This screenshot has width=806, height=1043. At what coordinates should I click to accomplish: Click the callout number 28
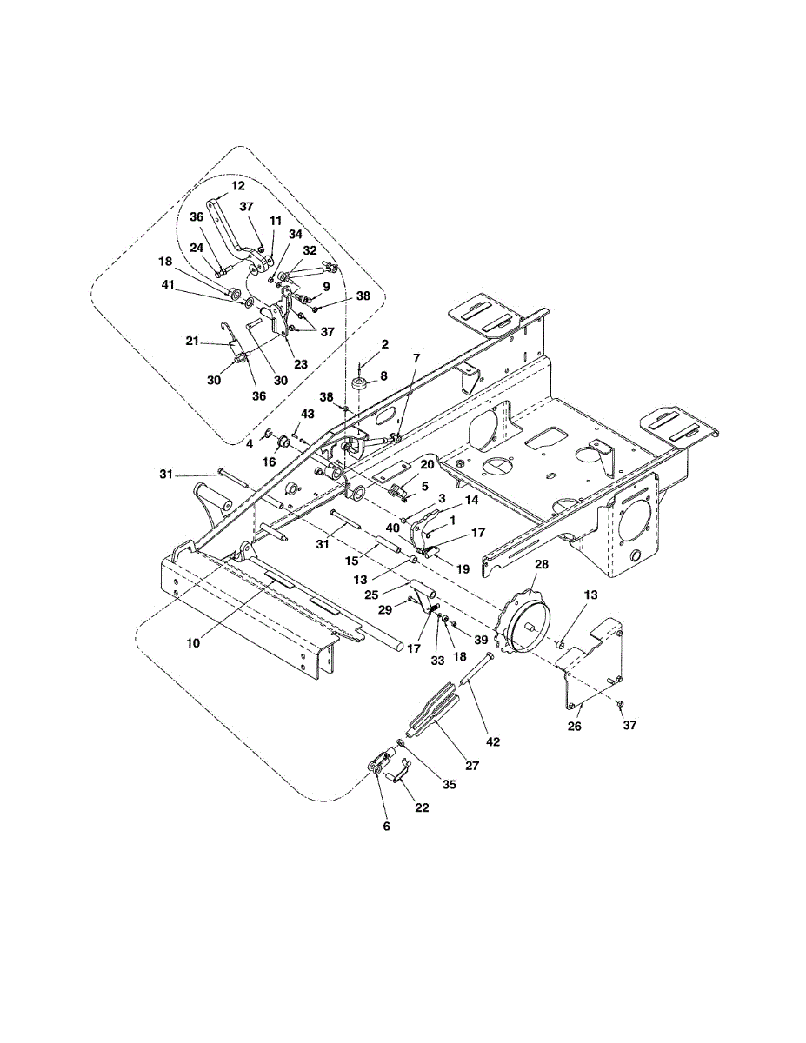tap(542, 565)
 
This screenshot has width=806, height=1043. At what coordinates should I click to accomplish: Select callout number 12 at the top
tap(238, 186)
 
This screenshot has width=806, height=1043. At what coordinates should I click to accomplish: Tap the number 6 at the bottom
tap(387, 826)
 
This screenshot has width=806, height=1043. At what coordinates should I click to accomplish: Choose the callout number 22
tap(422, 808)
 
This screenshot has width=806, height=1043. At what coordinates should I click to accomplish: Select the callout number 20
tap(427, 464)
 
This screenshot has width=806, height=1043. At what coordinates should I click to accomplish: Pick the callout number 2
tap(383, 345)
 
